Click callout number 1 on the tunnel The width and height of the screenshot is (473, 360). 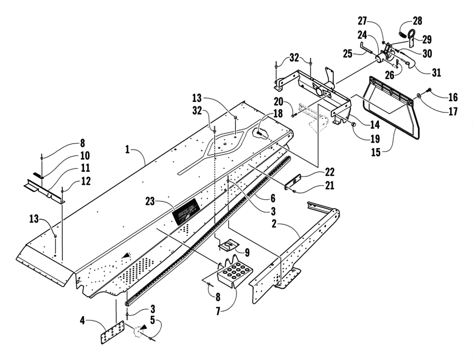pos(128,149)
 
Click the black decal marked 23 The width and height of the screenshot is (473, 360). pos(184,211)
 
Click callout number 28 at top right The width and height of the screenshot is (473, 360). pos(417,21)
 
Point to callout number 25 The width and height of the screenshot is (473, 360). pos(349,53)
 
